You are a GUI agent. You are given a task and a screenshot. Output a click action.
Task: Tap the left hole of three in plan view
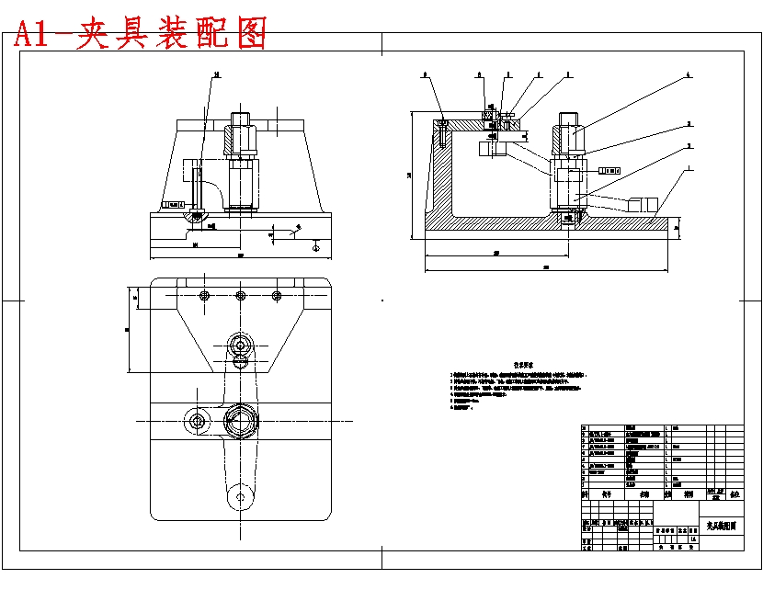coord(204,295)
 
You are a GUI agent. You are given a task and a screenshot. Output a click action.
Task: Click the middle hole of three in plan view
coord(240,295)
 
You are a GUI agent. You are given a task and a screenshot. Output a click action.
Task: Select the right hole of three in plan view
coord(276,295)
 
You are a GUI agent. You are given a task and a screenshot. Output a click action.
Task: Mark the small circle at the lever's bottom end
coord(241,497)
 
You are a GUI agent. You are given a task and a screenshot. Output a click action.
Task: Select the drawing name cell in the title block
coord(722,526)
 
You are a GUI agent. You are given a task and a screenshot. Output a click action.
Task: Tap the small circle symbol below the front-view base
coord(315,245)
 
